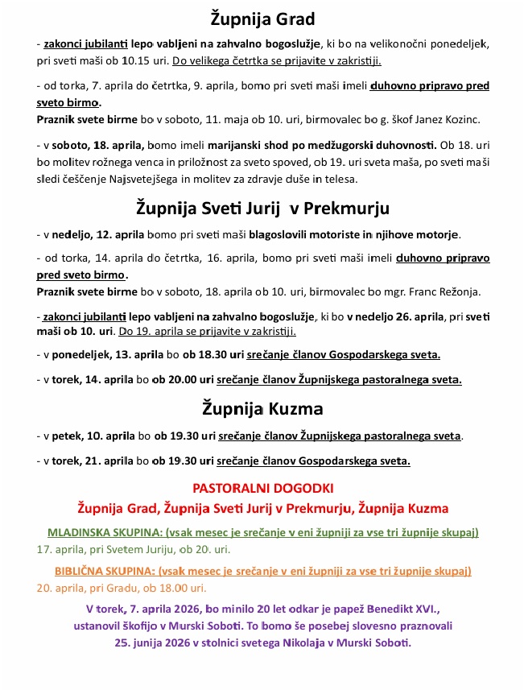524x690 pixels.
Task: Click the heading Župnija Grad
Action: pyautogui.click(x=262, y=18)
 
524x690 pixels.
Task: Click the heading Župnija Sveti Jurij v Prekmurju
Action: pyautogui.click(x=262, y=208)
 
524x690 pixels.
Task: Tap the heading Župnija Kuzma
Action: pyautogui.click(x=262, y=408)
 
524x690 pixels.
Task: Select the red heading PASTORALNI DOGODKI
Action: pyautogui.click(x=262, y=488)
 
